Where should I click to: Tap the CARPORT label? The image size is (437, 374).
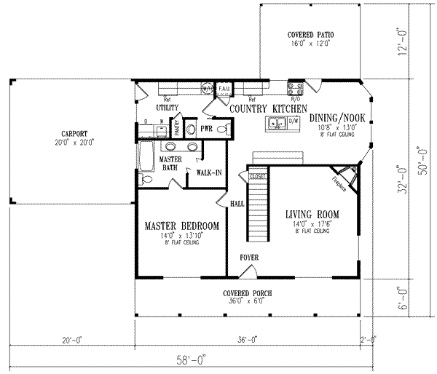coord(74,133)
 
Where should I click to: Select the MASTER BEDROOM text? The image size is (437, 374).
coord(181,226)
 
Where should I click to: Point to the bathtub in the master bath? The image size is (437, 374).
coord(146,155)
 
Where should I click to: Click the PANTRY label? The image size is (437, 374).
coord(176,129)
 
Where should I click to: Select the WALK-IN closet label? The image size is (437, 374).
coord(208,172)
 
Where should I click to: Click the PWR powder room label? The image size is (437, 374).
coord(208,129)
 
